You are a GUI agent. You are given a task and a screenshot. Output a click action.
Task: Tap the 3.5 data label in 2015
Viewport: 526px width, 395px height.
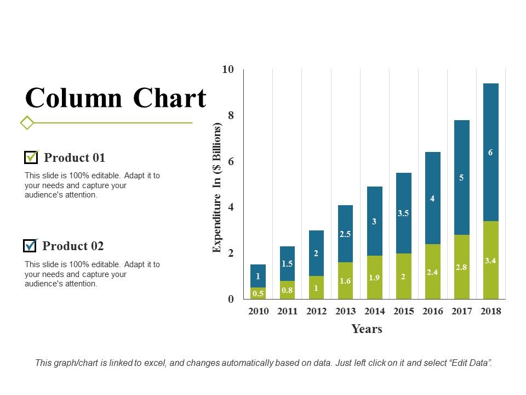[x=403, y=213]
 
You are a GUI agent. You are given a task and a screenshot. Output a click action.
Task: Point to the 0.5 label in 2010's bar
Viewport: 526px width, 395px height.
[x=258, y=294]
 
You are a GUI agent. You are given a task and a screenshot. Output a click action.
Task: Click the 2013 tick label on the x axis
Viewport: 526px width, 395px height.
[x=345, y=311]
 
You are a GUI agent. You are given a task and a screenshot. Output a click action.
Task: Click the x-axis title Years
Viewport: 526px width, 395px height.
[x=367, y=329]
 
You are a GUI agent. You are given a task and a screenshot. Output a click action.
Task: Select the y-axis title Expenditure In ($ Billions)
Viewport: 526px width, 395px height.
[x=217, y=188]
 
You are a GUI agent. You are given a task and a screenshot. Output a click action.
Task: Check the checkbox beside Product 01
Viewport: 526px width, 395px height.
[x=31, y=157]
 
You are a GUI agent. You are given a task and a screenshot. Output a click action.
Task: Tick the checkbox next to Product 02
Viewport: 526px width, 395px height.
[x=30, y=246]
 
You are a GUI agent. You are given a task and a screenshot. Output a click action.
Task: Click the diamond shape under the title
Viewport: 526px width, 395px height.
[x=27, y=122]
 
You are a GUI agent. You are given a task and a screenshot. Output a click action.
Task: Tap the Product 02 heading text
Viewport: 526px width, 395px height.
[x=73, y=246]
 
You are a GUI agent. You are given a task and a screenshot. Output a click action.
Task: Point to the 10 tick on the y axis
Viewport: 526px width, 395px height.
[x=228, y=70]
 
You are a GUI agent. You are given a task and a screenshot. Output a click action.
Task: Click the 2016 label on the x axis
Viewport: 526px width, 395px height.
[x=432, y=311]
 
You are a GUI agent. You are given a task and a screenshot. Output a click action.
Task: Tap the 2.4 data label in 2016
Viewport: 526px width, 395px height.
[x=432, y=272]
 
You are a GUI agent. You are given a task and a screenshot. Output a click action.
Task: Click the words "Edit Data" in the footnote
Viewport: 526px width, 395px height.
[x=472, y=363]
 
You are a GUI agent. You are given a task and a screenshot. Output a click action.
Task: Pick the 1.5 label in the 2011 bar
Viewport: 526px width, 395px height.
[x=287, y=263]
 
